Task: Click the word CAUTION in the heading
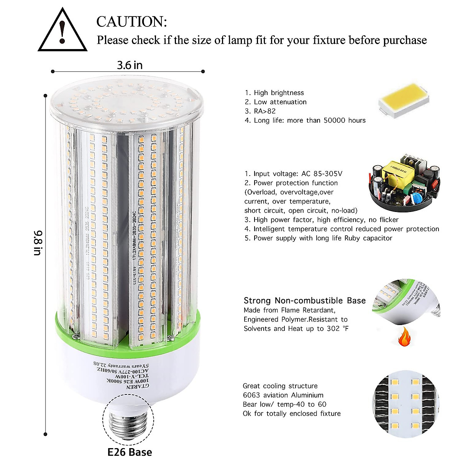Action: click(x=131, y=22)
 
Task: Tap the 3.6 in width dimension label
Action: click(x=130, y=65)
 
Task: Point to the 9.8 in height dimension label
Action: click(x=39, y=243)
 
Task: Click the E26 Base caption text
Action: click(x=130, y=452)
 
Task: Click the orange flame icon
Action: click(x=403, y=339)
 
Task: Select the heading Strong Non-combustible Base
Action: click(x=304, y=301)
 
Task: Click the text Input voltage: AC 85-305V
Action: click(x=293, y=174)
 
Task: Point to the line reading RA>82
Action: click(x=260, y=111)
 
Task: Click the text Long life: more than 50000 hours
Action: click(x=305, y=120)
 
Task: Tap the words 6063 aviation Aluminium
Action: click(x=283, y=395)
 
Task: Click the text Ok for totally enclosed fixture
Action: click(x=291, y=414)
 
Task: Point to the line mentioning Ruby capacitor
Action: click(x=318, y=238)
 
